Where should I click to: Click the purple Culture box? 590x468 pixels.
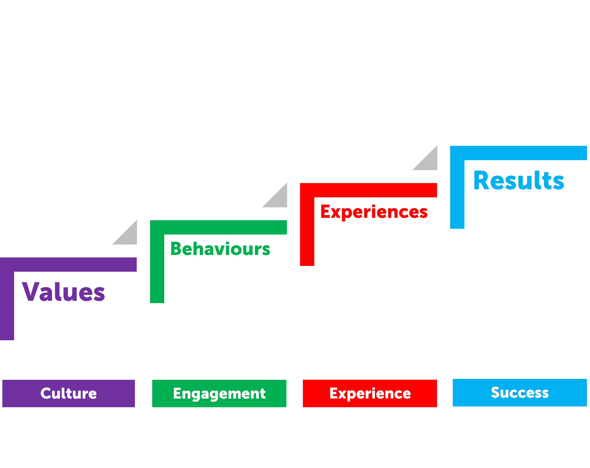coord(68,393)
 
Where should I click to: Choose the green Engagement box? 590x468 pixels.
coord(219,393)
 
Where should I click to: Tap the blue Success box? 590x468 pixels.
coord(520,392)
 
